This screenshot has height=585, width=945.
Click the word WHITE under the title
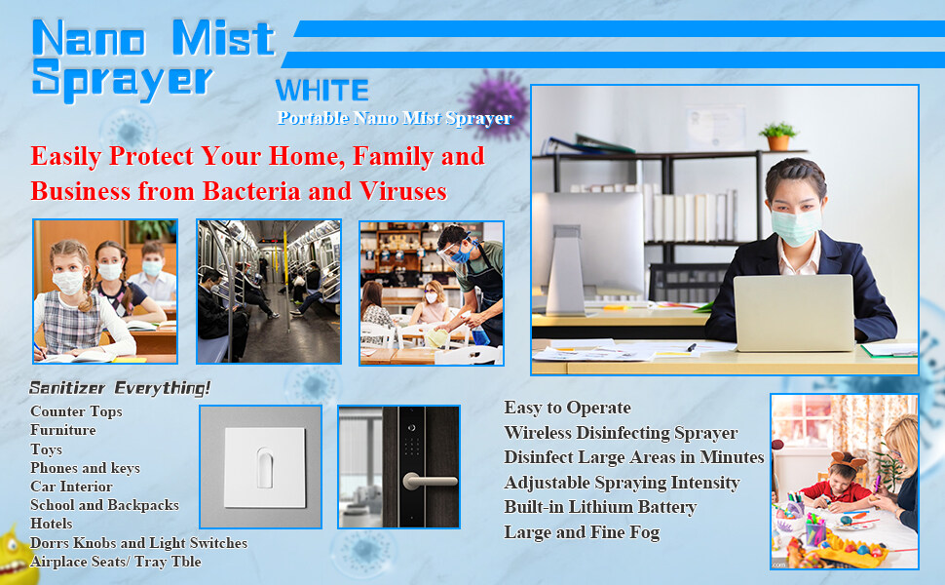point(321,91)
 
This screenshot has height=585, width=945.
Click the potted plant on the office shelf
point(778,136)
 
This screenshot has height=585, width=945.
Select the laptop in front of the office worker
point(793,312)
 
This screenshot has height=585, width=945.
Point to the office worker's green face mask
point(796,225)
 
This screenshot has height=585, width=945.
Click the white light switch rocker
point(265,467)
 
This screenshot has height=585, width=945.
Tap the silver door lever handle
point(430,481)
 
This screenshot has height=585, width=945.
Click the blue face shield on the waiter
point(456,248)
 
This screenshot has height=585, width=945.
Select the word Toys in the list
point(47,449)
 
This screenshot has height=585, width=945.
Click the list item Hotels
point(52,524)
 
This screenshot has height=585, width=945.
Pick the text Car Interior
point(71,487)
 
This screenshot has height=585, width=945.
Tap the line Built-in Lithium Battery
point(600,507)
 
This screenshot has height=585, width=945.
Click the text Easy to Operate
point(568,408)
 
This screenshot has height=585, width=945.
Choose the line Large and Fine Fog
point(582,532)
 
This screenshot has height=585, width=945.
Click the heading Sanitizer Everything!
point(120,388)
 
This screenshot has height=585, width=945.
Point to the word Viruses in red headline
point(402,191)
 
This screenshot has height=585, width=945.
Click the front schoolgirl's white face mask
point(67,282)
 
